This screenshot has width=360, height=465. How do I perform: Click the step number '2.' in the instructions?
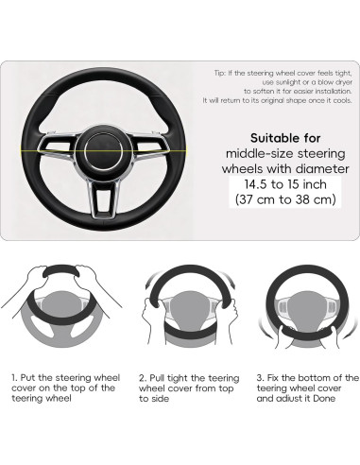coord(141,377)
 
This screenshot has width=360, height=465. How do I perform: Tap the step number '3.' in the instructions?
coord(260,377)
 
